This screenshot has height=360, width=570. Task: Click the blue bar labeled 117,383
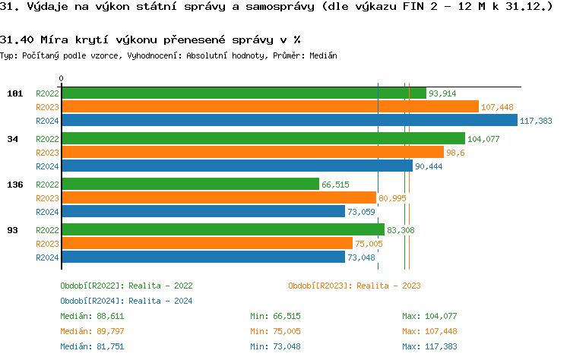(x=289, y=121)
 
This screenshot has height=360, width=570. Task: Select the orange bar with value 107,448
(x=270, y=107)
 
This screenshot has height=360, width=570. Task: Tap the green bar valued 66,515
(x=190, y=185)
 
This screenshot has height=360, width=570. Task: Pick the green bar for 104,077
(x=263, y=139)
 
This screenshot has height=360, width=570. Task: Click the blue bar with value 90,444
(x=236, y=166)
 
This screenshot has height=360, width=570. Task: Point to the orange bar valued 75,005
(x=207, y=244)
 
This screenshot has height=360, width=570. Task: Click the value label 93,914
(x=442, y=93)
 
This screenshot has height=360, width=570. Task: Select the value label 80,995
(x=392, y=198)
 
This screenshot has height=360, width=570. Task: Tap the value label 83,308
(x=401, y=230)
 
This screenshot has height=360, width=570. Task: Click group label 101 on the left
(x=14, y=93)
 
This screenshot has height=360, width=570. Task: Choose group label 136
(x=14, y=185)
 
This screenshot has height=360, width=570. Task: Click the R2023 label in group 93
(x=47, y=244)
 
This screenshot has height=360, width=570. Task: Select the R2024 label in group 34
(x=47, y=166)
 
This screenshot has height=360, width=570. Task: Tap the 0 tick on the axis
(x=62, y=78)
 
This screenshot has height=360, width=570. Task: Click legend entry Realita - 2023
(x=354, y=286)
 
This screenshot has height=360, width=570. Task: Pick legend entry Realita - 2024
(x=126, y=301)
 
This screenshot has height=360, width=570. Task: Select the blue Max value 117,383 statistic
(x=429, y=346)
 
